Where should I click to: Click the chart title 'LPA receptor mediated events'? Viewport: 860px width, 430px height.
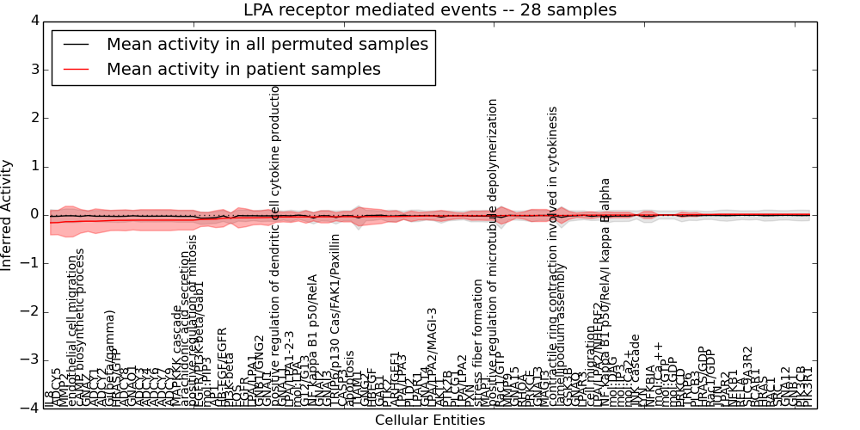pos(430,10)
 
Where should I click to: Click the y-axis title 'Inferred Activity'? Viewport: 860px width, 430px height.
pos(8,214)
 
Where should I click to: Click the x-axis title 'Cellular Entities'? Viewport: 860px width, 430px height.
pos(430,421)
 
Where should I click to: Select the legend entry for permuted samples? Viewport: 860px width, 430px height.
pos(267,44)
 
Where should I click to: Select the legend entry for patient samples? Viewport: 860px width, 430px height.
pos(243,69)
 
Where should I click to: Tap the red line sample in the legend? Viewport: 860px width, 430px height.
pos(76,69)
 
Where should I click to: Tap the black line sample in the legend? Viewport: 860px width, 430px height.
pos(76,44)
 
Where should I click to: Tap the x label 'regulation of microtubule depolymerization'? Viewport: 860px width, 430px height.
pos(493,249)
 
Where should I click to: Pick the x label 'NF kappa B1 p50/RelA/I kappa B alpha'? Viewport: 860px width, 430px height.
pos(606,284)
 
